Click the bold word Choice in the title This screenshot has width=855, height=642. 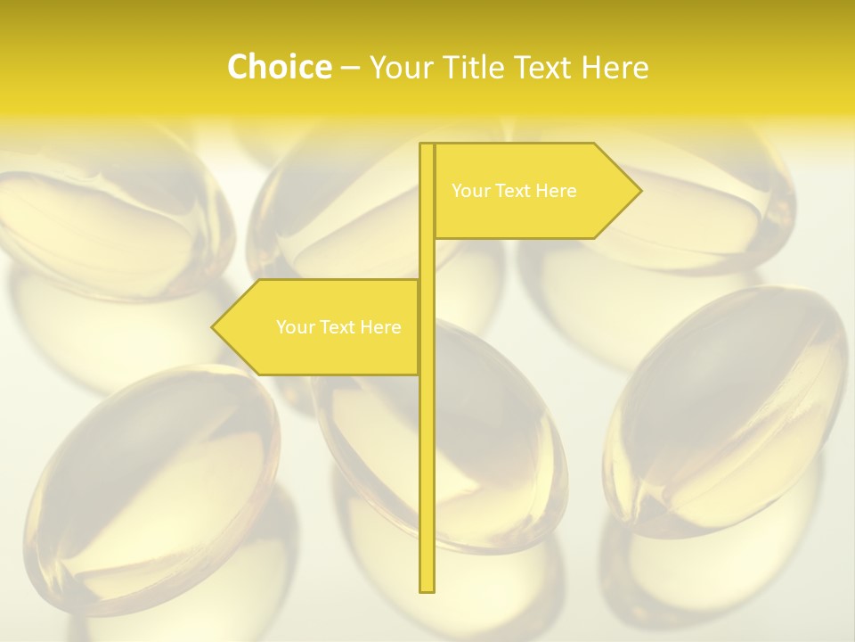279,67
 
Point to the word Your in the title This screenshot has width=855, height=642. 402,67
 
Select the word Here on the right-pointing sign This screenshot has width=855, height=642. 556,191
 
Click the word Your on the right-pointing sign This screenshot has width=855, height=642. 471,191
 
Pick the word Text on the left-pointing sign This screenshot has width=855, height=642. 338,327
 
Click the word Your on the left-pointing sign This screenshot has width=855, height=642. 296,327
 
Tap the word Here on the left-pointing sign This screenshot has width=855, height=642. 380,327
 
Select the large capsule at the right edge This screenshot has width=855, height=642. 726,410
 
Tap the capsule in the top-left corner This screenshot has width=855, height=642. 107,214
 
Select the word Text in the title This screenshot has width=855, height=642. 546,67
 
